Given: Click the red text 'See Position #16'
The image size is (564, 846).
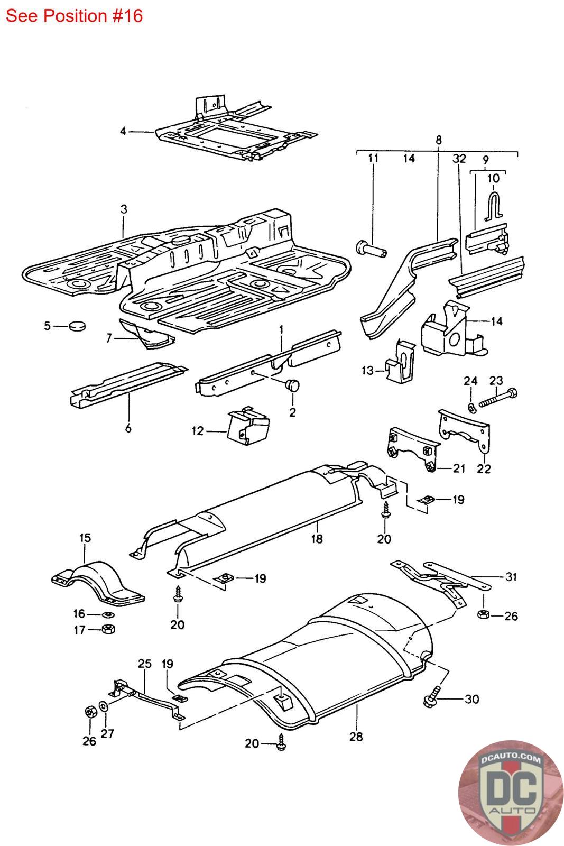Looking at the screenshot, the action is point(74,16).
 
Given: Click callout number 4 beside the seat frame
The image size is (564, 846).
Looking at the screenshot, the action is point(123,132).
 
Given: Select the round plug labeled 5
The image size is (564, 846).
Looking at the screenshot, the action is point(77,325).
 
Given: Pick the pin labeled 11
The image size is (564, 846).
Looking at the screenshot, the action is point(371,249).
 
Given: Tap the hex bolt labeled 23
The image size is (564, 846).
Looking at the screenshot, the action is point(498,398).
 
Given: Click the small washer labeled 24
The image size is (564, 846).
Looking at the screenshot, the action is point(471,408).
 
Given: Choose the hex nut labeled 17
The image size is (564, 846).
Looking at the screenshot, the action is point(109,629).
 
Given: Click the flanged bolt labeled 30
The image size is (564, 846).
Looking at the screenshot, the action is point(432,697).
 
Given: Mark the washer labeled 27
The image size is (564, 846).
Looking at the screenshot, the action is point(103,705).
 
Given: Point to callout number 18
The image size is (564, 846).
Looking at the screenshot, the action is point(317,539).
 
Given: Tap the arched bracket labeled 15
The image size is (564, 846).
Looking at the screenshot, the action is point(98,584).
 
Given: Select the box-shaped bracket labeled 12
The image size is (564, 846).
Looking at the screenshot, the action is point(248,426).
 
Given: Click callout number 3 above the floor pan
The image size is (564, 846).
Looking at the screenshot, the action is point(124,209).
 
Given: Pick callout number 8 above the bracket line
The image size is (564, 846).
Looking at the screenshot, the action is point(438,140).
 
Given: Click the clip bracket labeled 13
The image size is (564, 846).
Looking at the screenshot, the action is point(401,361).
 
